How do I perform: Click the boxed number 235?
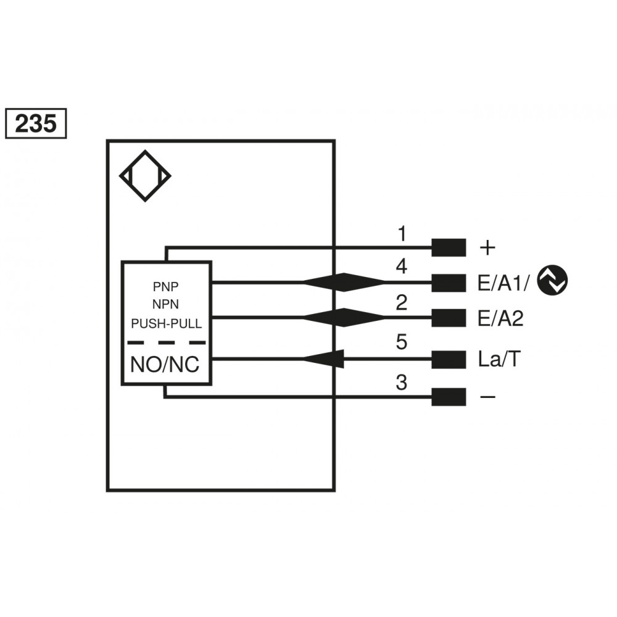[35, 124]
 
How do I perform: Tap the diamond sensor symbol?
[145, 176]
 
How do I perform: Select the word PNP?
[167, 287]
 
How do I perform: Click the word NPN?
[167, 304]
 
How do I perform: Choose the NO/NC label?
[165, 365]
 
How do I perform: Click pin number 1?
[402, 234]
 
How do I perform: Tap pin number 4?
[402, 267]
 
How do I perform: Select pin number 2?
[402, 303]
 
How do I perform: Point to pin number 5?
[402, 342]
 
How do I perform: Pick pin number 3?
[402, 383]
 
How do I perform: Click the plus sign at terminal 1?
[487, 248]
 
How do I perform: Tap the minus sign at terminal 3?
[487, 397]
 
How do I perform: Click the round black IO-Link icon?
[552, 281]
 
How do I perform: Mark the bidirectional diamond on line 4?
[344, 283]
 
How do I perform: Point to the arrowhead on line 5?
[323, 358]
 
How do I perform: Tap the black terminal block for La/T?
[449, 360]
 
